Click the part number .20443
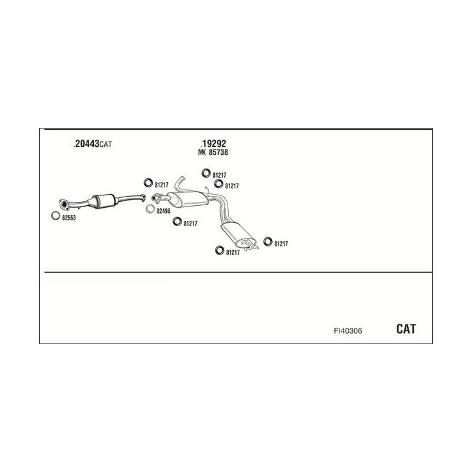pyautogui.click(x=87, y=144)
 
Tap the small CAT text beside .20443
pyautogui.click(x=106, y=144)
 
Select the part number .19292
pyautogui.click(x=213, y=144)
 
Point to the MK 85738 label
pyautogui.click(x=213, y=152)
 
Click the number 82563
pyautogui.click(x=69, y=218)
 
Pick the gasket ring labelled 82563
pyautogui.click(x=55, y=216)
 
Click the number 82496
pyautogui.click(x=163, y=211)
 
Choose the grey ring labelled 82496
pyautogui.click(x=150, y=208)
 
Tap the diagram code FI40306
pyautogui.click(x=348, y=331)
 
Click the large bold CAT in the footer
pyautogui.click(x=406, y=328)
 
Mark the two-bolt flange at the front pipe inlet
pyautogui.click(x=64, y=204)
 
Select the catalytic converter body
pyautogui.click(x=104, y=201)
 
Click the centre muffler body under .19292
pyautogui.click(x=188, y=199)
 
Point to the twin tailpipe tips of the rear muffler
pyautogui.click(x=250, y=245)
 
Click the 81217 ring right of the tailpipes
pyautogui.click(x=267, y=241)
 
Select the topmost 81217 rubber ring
pyautogui.click(x=206, y=173)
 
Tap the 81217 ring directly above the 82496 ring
pyautogui.click(x=147, y=183)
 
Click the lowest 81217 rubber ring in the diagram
pyautogui.click(x=220, y=250)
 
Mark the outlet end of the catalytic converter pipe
pyautogui.click(x=144, y=198)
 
